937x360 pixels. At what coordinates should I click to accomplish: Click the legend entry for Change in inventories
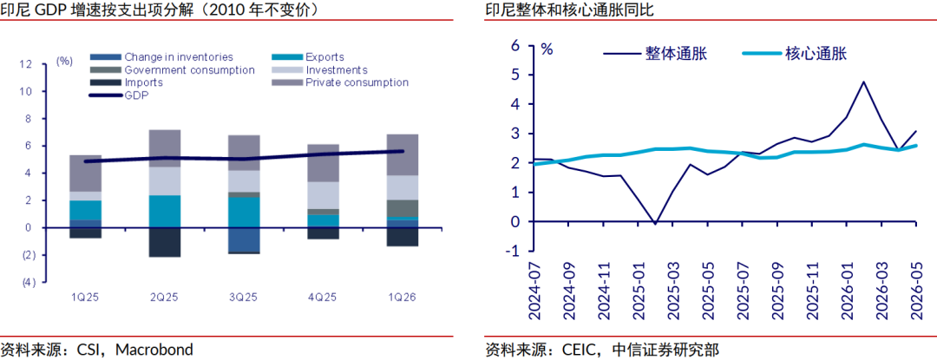click(x=161, y=57)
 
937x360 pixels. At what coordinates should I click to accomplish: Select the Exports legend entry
click(x=308, y=57)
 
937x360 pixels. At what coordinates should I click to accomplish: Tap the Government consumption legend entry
click(x=173, y=70)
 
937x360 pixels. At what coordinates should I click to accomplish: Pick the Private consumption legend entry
click(x=340, y=82)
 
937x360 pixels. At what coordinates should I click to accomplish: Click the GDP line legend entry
click(x=119, y=95)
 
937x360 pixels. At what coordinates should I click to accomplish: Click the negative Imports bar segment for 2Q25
click(x=164, y=242)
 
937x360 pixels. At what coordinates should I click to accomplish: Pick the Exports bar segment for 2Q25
click(x=164, y=212)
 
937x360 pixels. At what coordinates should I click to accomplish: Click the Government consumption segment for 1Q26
click(x=403, y=208)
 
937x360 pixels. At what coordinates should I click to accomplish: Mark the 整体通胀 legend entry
click(x=656, y=54)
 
